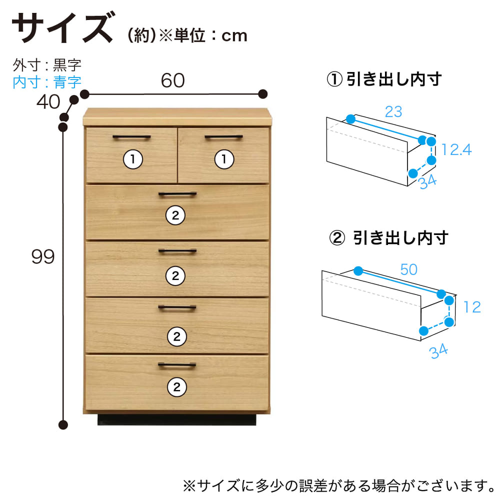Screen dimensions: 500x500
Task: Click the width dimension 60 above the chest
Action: [173, 80]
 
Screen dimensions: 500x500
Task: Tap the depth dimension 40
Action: [48, 101]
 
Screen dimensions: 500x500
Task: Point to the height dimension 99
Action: [43, 256]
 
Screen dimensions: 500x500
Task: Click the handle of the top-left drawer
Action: [131, 137]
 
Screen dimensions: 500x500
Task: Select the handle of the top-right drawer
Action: [223, 137]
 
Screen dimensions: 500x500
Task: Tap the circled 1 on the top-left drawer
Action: [133, 159]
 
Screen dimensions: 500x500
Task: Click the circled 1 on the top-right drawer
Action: [224, 159]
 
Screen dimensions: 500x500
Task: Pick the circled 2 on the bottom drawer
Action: [177, 387]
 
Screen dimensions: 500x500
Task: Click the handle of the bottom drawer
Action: [177, 365]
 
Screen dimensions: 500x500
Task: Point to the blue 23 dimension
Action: [393, 111]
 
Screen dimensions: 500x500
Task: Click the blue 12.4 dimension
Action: [456, 149]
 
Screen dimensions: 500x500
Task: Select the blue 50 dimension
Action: [409, 269]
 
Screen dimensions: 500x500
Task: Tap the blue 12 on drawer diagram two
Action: [472, 307]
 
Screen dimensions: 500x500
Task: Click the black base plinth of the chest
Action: [176, 419]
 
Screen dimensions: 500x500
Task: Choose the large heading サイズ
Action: [62, 27]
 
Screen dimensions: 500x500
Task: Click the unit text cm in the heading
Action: [234, 36]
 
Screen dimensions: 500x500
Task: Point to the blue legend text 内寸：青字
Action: [47, 82]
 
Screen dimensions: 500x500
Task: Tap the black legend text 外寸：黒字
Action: [47, 65]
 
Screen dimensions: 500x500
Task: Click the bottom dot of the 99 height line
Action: [63, 424]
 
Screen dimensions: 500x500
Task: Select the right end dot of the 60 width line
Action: [263, 94]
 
